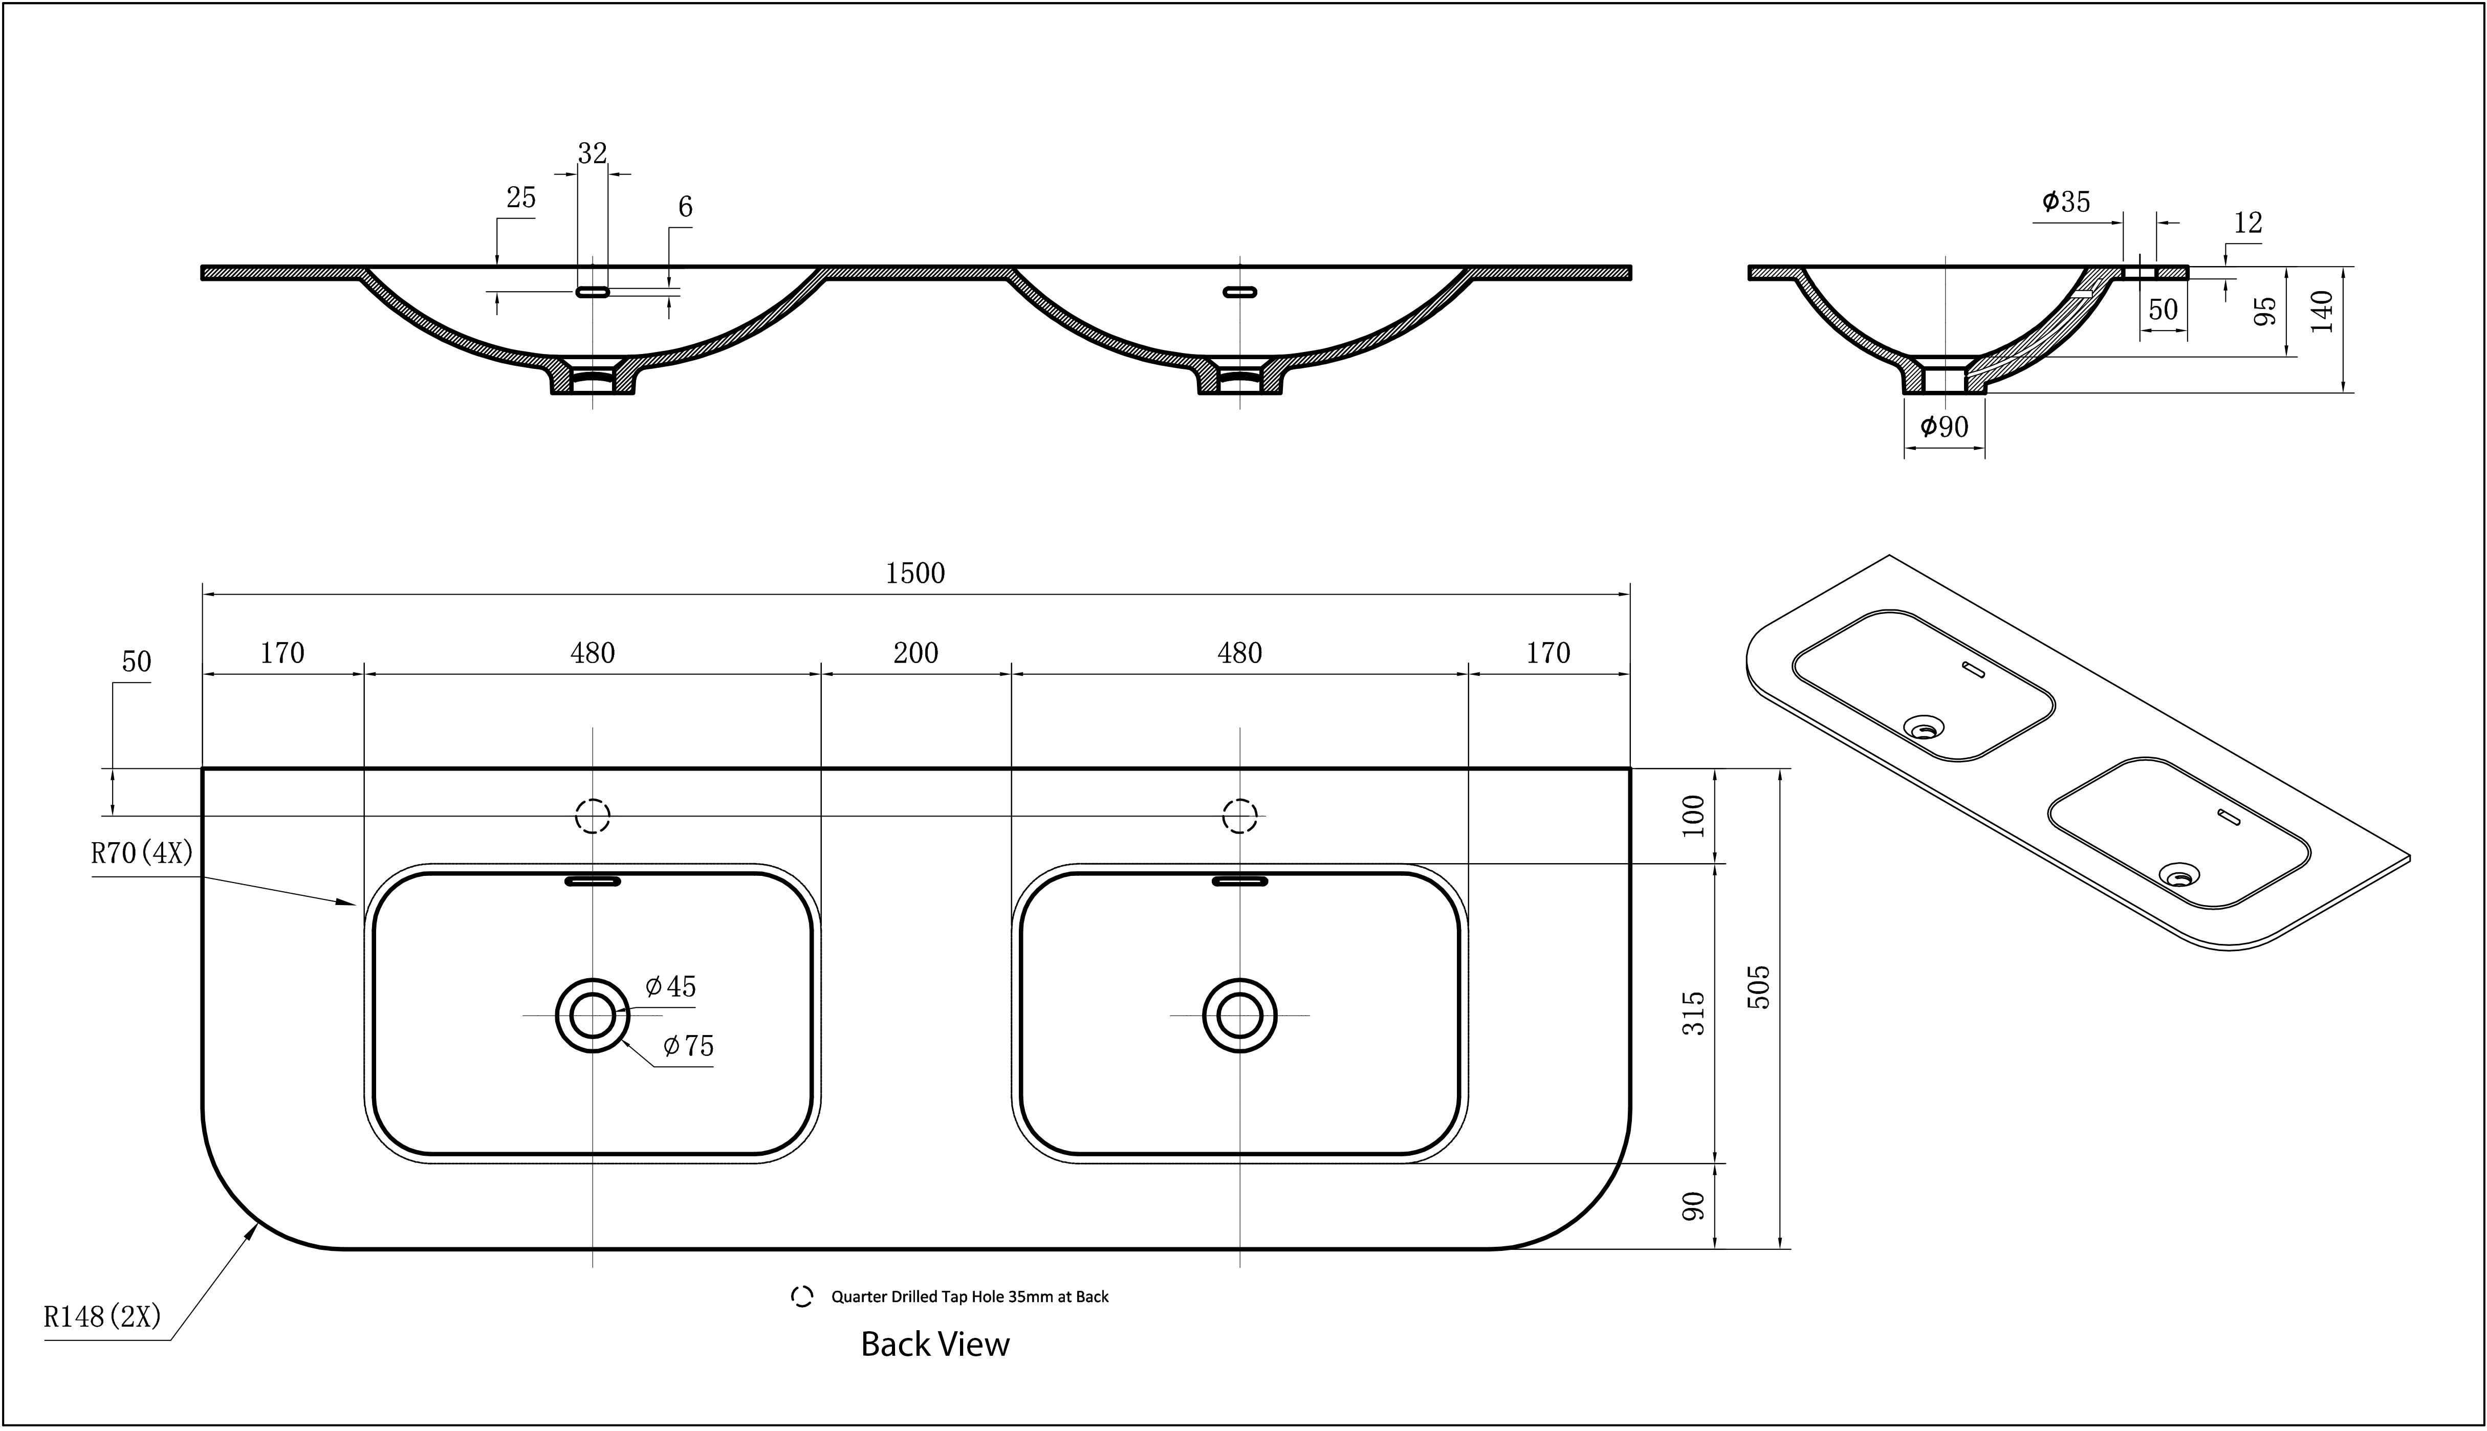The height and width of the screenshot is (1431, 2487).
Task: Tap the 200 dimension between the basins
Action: click(915, 653)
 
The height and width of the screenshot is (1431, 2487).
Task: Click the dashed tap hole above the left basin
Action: click(593, 816)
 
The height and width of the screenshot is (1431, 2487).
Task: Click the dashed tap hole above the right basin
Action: click(1239, 816)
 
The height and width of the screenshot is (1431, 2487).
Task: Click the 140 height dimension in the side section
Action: click(2322, 312)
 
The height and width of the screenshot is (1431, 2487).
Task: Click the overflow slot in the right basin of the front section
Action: click(1239, 292)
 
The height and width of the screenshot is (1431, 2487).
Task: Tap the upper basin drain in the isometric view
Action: click(1924, 728)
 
